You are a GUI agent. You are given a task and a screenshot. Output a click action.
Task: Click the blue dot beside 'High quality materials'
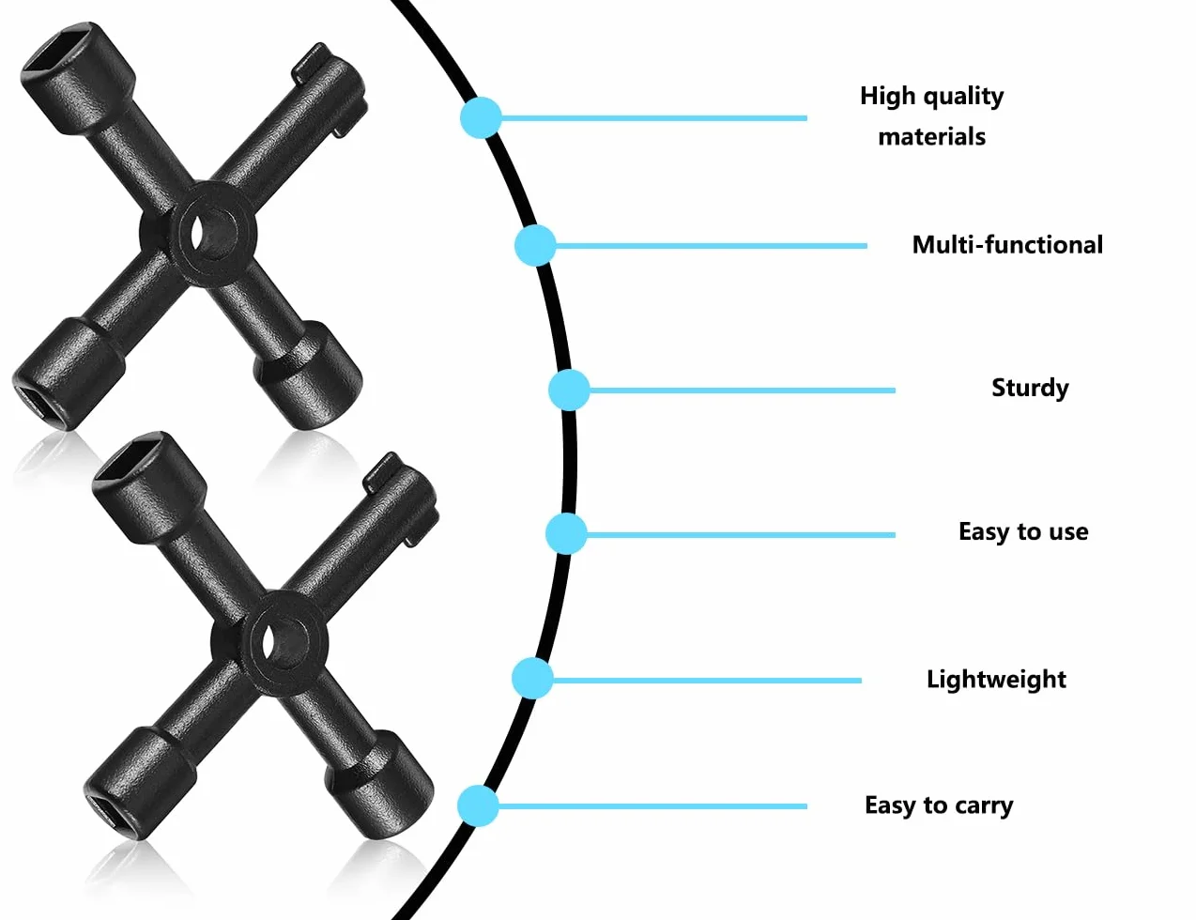coord(481,117)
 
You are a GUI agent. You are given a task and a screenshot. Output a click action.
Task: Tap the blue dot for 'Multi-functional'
coord(535,245)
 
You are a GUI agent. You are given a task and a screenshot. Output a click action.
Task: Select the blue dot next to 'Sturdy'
coord(569,391)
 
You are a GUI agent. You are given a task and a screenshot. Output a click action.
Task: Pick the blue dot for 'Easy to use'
coord(566,534)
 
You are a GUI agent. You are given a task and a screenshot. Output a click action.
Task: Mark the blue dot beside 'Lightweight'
coord(532,679)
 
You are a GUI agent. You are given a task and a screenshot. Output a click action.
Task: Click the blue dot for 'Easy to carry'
coord(478,806)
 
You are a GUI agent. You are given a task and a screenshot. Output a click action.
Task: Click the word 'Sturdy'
coord(1030,389)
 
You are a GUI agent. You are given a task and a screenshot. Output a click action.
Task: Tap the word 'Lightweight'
coord(996,680)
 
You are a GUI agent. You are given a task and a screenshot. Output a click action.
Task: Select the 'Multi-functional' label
coord(1007,245)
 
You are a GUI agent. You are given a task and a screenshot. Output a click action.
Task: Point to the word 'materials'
coord(932,136)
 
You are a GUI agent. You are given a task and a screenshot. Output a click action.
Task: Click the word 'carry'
coord(984,806)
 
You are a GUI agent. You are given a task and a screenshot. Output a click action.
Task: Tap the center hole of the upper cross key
coord(210,234)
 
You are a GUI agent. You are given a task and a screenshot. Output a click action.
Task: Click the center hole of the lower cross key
coord(282,643)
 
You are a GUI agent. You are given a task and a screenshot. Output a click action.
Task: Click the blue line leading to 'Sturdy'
coord(742,391)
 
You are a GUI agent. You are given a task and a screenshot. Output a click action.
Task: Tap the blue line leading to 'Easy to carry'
coord(652,806)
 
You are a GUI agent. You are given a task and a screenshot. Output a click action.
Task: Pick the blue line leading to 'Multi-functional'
coord(711,245)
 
